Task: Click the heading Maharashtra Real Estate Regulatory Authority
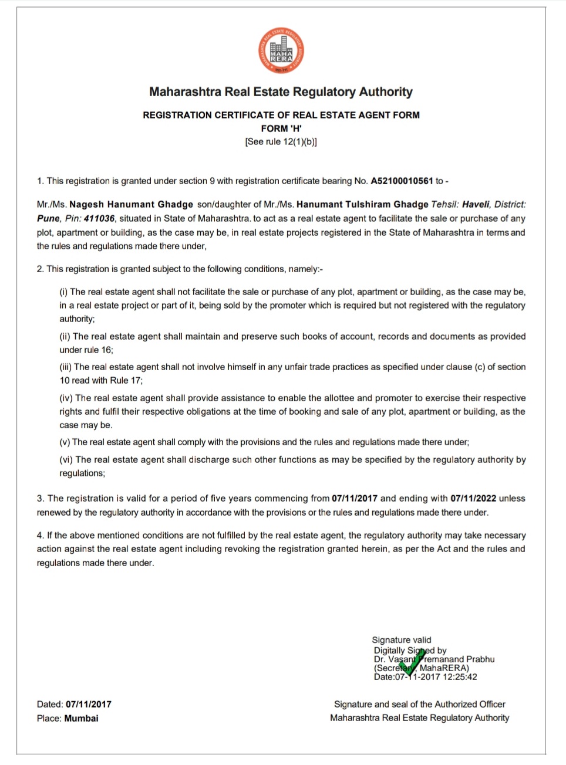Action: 281,92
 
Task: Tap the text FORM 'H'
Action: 281,128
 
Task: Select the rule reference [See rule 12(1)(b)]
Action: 281,142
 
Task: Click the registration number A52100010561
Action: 402,181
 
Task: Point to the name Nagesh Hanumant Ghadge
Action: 131,205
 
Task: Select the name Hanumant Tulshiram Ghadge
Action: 362,205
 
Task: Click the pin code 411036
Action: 99,219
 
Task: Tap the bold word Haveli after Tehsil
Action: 476,205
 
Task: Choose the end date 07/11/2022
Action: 473,499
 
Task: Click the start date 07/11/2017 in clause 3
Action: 355,499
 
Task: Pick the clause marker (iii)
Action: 66,367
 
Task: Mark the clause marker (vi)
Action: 66,460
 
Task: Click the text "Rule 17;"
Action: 126,381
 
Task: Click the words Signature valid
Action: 402,640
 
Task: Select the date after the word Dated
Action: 89,705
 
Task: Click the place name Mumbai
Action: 82,719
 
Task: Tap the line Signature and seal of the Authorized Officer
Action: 419,705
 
